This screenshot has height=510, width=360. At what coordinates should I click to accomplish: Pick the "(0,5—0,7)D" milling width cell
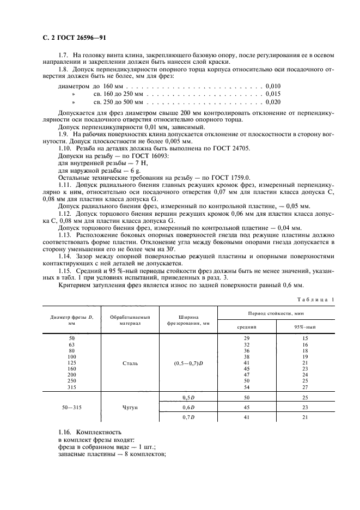click(188, 362)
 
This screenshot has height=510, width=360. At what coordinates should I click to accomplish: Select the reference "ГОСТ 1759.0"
click(232, 177)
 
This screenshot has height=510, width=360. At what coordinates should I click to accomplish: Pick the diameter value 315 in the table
click(72, 387)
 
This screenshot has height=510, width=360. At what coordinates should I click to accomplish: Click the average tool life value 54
click(247, 387)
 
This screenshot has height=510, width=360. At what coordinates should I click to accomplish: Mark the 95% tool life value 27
click(304, 387)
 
